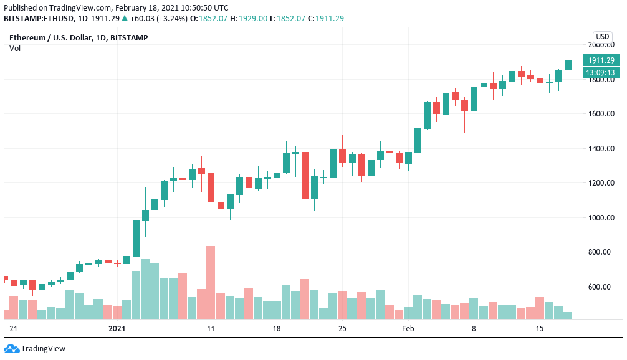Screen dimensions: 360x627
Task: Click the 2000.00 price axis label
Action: tap(601, 45)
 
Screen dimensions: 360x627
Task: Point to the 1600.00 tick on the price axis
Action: tap(601, 114)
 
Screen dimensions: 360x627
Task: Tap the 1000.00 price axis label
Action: tap(601, 218)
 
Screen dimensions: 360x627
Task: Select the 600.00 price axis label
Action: tap(601, 287)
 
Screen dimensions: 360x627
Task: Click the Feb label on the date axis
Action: tap(408, 328)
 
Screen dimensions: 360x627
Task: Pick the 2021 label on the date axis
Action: tap(117, 328)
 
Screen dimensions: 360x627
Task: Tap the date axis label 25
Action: tap(342, 328)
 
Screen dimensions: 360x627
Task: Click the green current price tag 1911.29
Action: tap(601, 60)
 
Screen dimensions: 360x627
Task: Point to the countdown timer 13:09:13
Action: tap(601, 72)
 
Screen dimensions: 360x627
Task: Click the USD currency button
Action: tap(602, 37)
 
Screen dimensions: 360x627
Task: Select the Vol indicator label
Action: tap(14, 48)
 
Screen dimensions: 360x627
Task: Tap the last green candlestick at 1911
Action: tap(568, 64)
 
